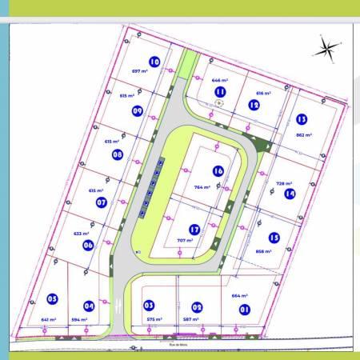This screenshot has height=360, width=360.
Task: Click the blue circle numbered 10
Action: (x=154, y=61)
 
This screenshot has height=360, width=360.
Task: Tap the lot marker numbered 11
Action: (x=220, y=91)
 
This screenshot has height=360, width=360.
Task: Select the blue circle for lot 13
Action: (x=302, y=119)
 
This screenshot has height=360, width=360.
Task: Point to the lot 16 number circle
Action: (x=218, y=170)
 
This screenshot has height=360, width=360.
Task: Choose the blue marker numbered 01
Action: (x=246, y=309)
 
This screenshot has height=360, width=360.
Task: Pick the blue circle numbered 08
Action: (x=118, y=154)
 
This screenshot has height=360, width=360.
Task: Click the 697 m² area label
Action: (x=141, y=71)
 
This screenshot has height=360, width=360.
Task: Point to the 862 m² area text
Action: (x=304, y=135)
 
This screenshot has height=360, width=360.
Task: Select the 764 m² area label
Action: (x=202, y=187)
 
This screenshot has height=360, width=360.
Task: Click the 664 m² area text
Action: (x=241, y=296)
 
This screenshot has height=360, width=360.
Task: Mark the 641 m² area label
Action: (x=49, y=320)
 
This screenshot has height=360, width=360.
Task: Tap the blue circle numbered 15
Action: (x=274, y=237)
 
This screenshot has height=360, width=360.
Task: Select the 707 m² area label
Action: (x=185, y=240)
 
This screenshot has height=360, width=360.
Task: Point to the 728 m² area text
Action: (x=285, y=183)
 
